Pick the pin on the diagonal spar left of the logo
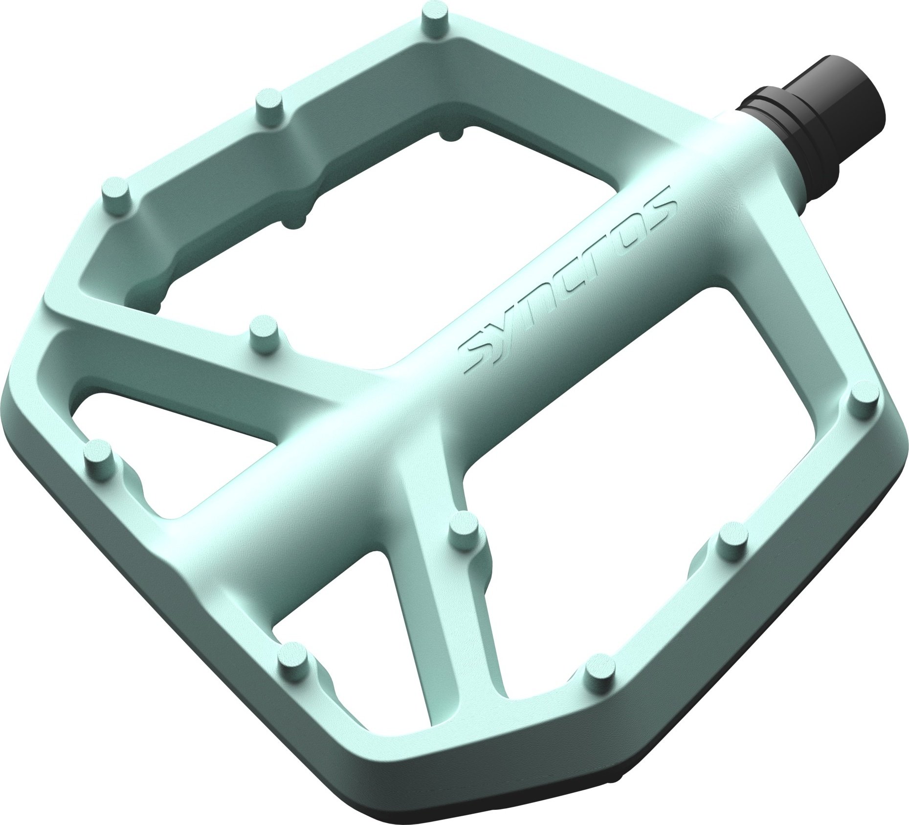point(265,333)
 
